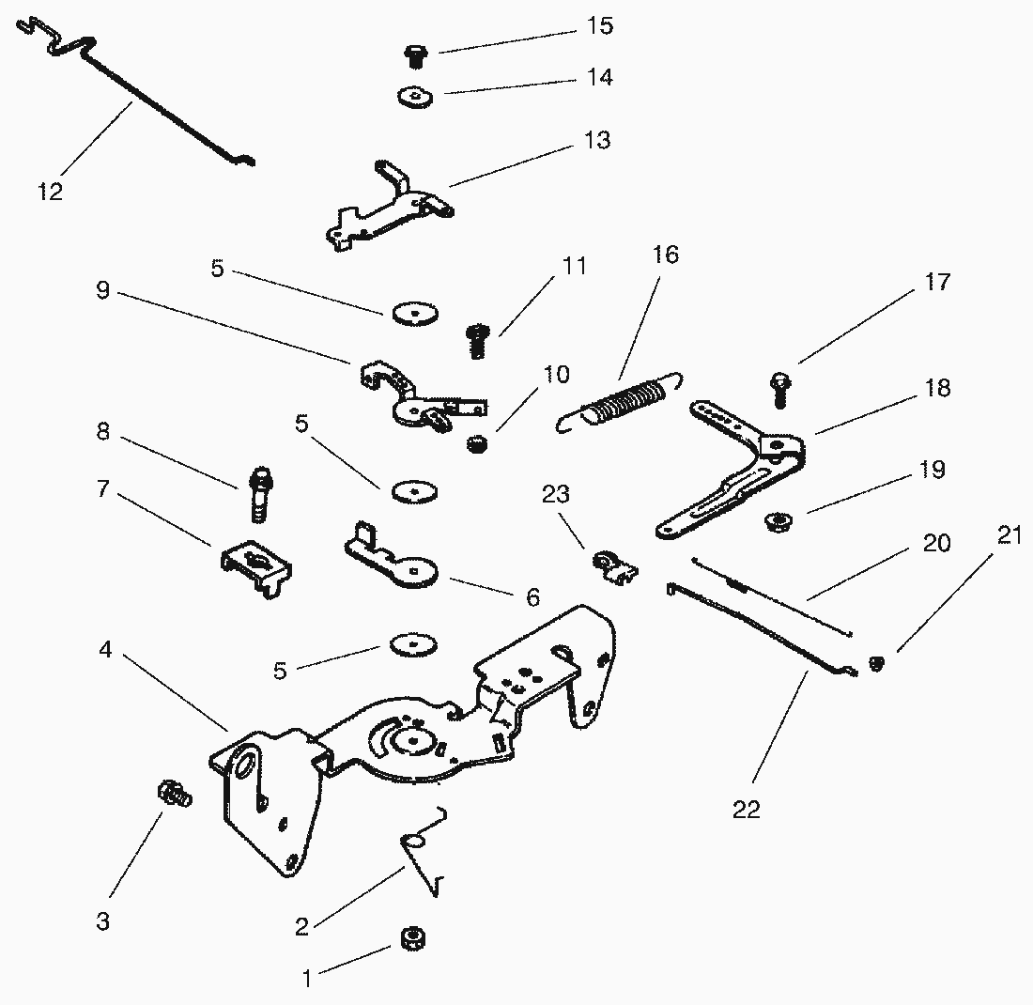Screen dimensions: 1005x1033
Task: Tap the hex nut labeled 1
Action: click(409, 937)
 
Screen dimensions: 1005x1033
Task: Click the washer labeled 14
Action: click(414, 97)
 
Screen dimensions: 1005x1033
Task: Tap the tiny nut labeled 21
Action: click(875, 664)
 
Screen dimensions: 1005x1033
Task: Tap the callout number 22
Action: click(747, 810)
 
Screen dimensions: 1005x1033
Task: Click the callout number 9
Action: click(102, 291)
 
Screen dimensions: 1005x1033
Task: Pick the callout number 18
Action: click(937, 388)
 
